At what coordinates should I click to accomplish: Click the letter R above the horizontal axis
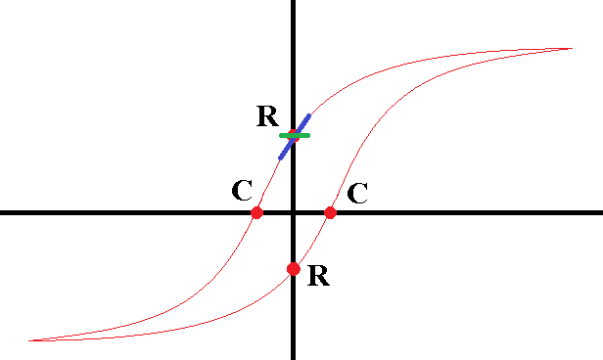tap(267, 115)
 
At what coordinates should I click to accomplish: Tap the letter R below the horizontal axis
tap(318, 275)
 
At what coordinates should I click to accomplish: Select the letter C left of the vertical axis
tap(243, 190)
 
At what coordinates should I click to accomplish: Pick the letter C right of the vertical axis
tap(357, 193)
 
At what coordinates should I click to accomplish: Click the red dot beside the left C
tap(256, 212)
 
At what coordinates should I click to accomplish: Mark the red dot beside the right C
tap(330, 212)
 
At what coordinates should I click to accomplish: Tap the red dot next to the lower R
tap(294, 269)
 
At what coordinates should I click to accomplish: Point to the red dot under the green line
tap(294, 135)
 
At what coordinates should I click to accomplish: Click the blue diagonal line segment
tap(295, 136)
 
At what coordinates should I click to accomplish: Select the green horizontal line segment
tap(295, 135)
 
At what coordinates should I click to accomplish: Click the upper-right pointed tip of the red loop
tap(573, 48)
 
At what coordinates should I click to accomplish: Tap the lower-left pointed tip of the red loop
tap(29, 340)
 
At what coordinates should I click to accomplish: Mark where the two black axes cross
tap(294, 212)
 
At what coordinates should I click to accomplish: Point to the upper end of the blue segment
tap(308, 115)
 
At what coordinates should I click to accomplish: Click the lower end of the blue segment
tap(280, 157)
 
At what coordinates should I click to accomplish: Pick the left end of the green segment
tap(281, 135)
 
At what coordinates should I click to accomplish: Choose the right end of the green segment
tap(308, 135)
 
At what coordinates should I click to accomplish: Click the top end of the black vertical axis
tap(294, 1)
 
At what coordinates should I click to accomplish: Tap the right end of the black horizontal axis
tap(602, 212)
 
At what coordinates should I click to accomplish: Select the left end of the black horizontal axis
tap(1, 212)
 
